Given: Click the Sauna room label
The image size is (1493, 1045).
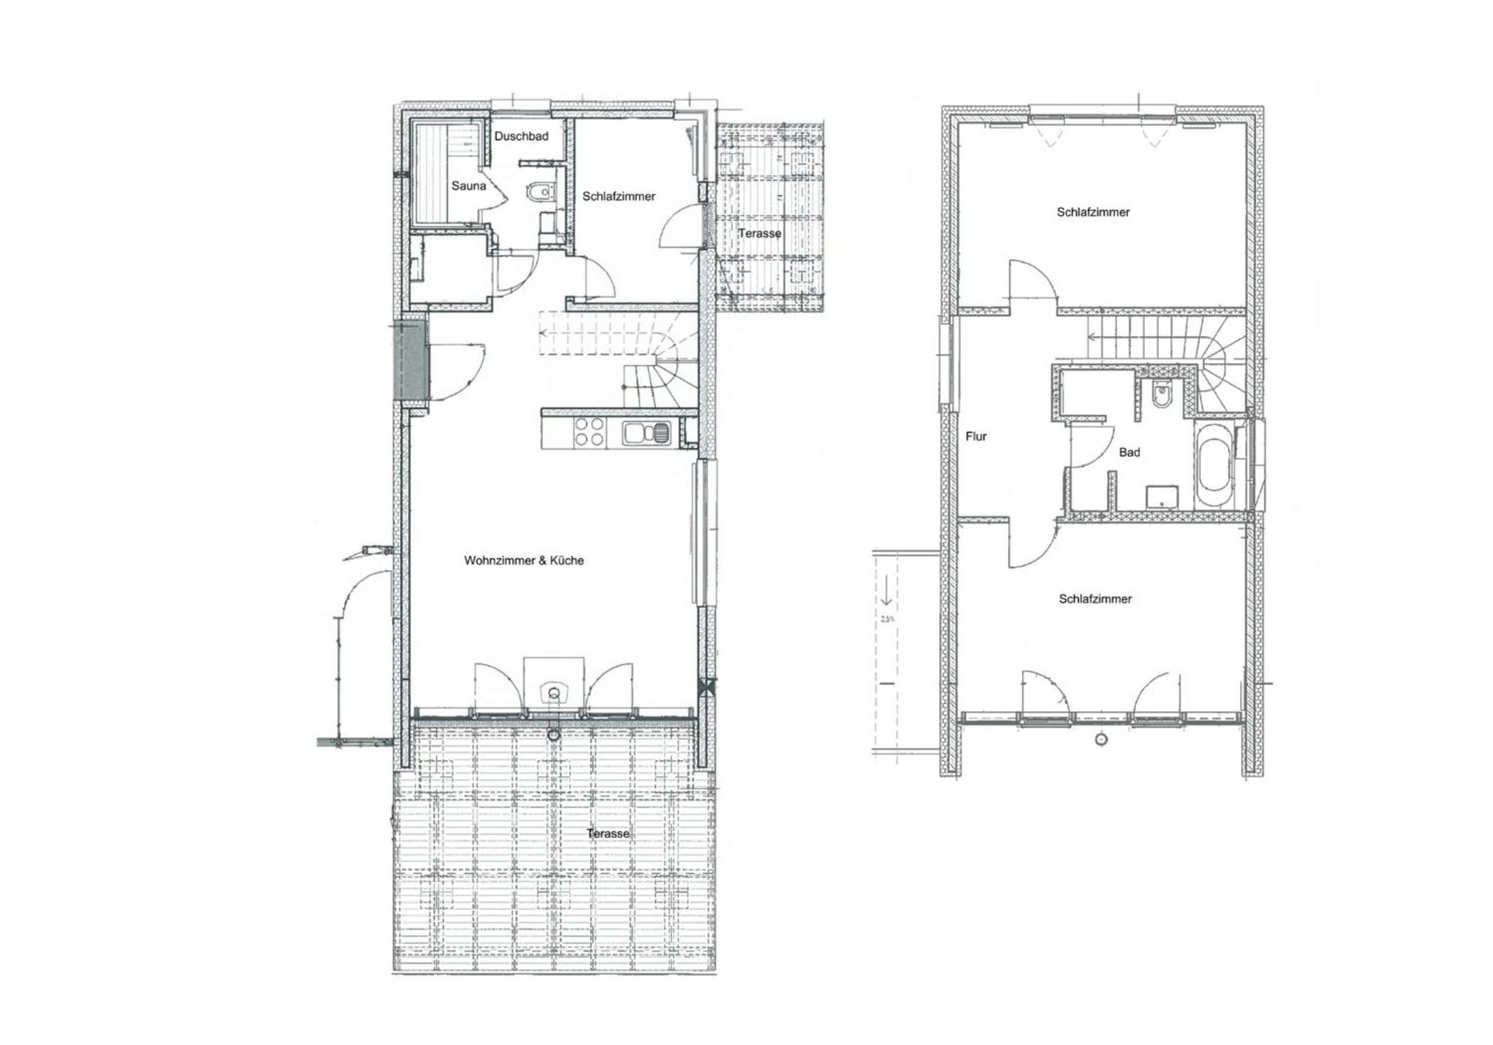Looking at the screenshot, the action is point(469,186).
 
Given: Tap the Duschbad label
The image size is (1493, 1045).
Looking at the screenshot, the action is point(521,136).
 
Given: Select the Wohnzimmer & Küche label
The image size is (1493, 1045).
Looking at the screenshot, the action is point(524,561).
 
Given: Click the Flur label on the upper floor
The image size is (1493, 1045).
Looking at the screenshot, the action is point(976,437).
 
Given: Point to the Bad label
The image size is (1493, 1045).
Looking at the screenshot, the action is point(1130,452).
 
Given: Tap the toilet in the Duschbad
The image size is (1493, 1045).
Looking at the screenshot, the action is point(541,193).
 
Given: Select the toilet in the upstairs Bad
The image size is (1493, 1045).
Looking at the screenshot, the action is point(1160,395).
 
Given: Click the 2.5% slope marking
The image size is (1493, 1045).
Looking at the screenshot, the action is point(887,619).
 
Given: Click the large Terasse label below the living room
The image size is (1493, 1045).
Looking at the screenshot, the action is point(608,833).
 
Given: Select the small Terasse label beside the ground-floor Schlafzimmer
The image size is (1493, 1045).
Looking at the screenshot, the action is point(760,233).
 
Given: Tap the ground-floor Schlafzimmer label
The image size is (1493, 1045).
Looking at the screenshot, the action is point(619,197).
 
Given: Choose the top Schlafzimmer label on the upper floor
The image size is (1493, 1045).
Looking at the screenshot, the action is point(1093,212).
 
